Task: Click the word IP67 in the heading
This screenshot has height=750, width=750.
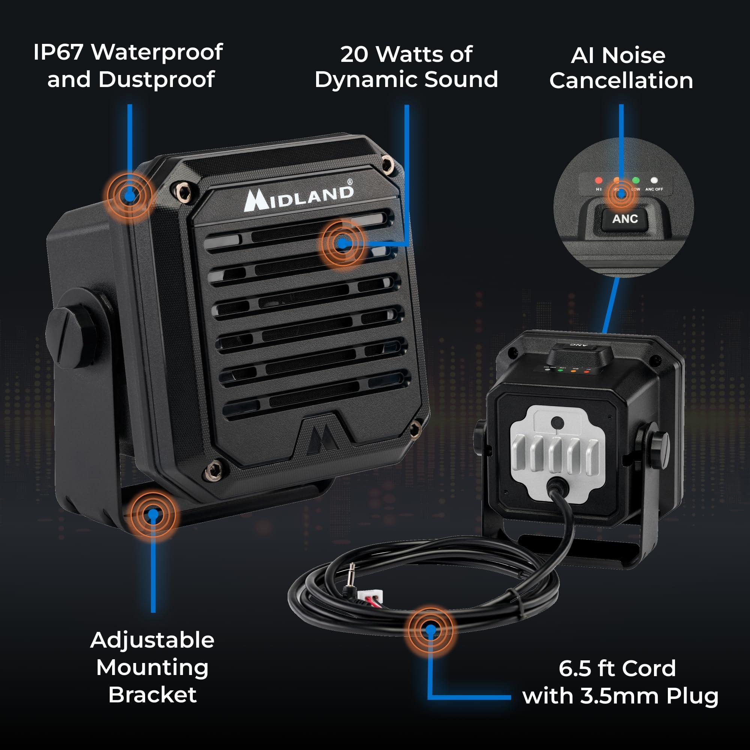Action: [x=58, y=52]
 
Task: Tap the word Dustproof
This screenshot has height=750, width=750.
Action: [x=156, y=80]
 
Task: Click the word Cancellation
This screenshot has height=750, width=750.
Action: [x=621, y=81]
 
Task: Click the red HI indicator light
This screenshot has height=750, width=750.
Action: [x=598, y=180]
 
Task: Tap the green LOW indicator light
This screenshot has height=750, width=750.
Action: [x=636, y=180]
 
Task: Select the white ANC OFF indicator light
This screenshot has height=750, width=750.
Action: [x=654, y=180]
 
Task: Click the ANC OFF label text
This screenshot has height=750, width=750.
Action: [x=654, y=189]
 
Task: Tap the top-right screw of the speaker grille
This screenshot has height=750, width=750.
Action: [x=386, y=163]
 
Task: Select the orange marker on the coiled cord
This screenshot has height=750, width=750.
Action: [x=430, y=630]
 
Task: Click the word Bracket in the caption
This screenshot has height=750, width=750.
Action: [x=152, y=694]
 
